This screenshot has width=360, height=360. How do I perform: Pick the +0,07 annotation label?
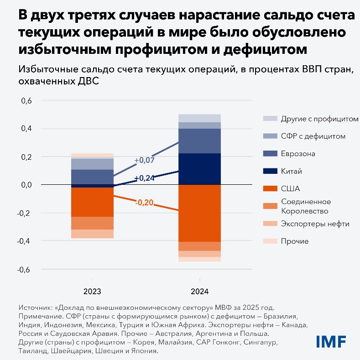(x=144, y=161)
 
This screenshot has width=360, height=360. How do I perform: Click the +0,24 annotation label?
(x=144, y=178)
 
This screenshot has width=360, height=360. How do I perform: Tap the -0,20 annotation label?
(x=144, y=202)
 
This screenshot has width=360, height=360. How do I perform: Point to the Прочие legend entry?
(x=295, y=241)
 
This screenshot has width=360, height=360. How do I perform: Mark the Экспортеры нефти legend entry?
(x=315, y=224)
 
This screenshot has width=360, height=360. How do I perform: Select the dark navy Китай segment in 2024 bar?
(x=199, y=169)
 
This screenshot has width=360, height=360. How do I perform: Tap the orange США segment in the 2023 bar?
(x=92, y=202)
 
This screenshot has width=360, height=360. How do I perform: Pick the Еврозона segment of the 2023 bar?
(x=92, y=177)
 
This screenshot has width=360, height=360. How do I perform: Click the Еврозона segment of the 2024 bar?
(x=199, y=141)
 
